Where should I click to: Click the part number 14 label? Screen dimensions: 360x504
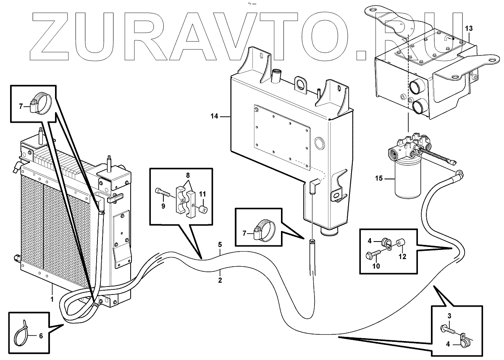pos(214,116)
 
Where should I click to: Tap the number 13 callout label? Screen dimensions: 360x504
pos(469,28)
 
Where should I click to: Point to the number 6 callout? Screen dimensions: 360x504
pos(40,336)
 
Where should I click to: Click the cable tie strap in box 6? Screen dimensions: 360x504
pos(24,334)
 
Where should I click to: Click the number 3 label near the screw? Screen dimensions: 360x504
pos(449,315)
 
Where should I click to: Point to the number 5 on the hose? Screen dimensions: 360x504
pos(220,244)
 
